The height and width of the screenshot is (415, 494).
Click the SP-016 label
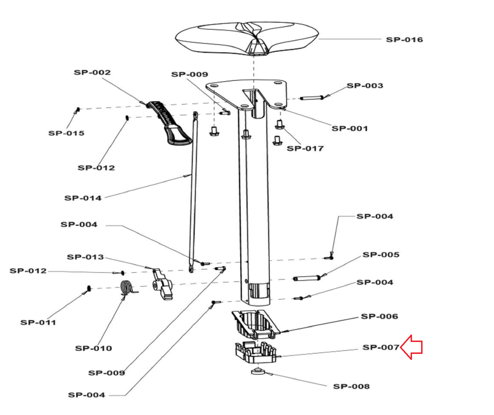[404, 39]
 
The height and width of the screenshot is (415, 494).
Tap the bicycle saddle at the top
[247, 38]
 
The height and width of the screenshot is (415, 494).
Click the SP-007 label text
[381, 347]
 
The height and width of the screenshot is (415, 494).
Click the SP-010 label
[94, 348]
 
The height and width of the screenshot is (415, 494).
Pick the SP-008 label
[351, 386]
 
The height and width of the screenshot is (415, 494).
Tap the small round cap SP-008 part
[256, 371]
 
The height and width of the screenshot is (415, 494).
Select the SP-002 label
[92, 72]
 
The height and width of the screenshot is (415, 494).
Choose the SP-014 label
[83, 198]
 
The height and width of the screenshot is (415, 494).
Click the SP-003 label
[365, 85]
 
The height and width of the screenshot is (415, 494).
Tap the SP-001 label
[350, 128]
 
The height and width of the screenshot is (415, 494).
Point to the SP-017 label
[305, 148]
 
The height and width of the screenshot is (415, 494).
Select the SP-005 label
[381, 255]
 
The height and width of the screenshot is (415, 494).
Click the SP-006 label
[379, 316]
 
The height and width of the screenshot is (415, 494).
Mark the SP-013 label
[85, 257]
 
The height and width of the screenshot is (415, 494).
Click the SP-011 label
[38, 323]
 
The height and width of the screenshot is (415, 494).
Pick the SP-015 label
[66, 133]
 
